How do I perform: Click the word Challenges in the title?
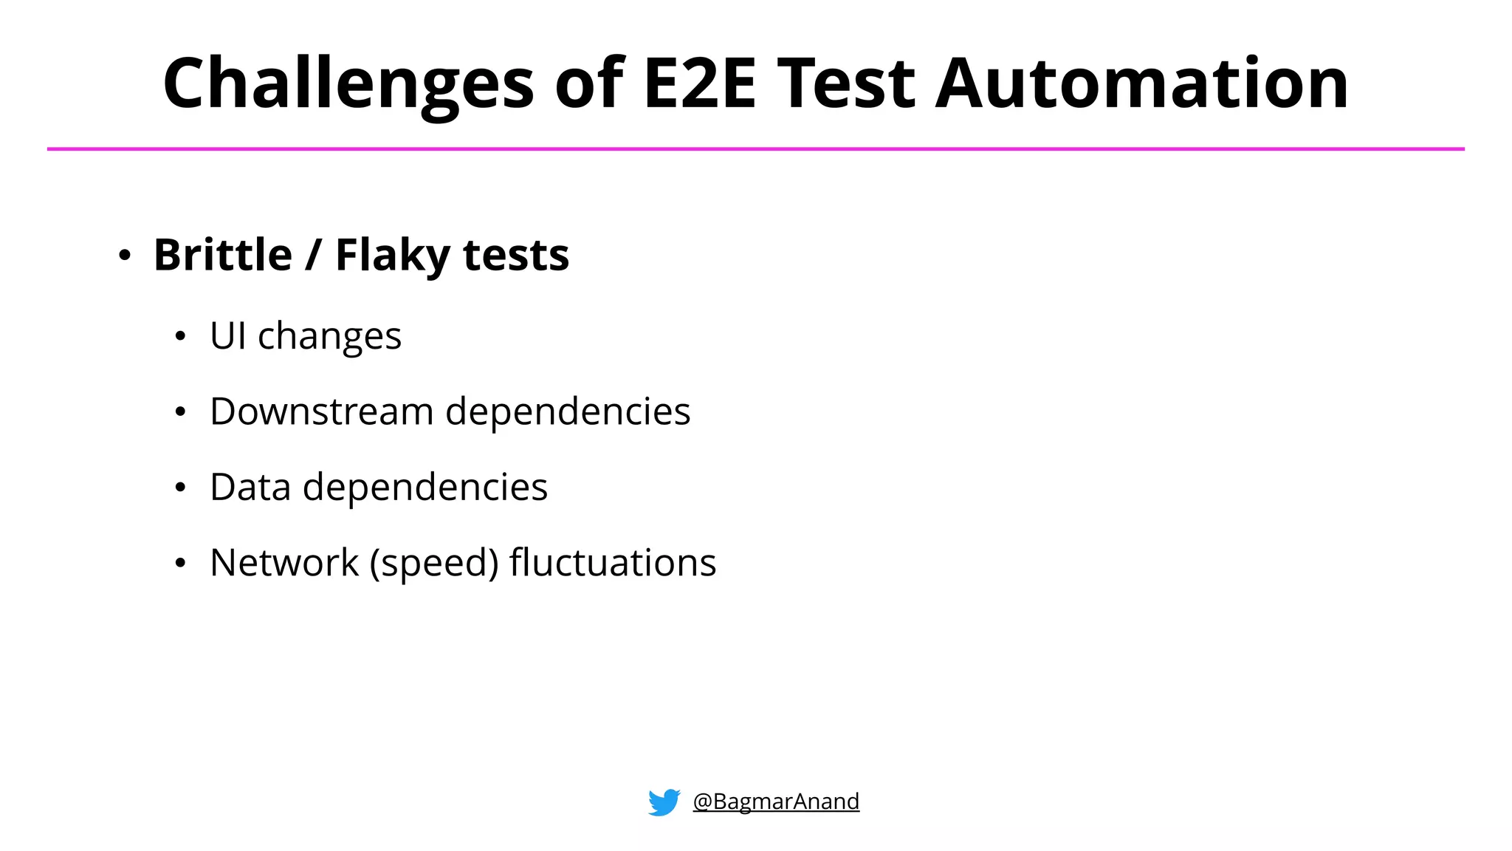click(348, 84)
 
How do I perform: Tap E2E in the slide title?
click(700, 83)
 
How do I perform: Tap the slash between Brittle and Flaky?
click(313, 255)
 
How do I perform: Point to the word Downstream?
click(321, 411)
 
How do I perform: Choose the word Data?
click(250, 487)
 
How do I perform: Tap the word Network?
click(284, 563)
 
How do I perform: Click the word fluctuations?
click(613, 563)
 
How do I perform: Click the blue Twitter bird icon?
click(664, 802)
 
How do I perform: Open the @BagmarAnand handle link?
click(776, 802)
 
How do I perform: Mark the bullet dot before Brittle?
click(125, 256)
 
